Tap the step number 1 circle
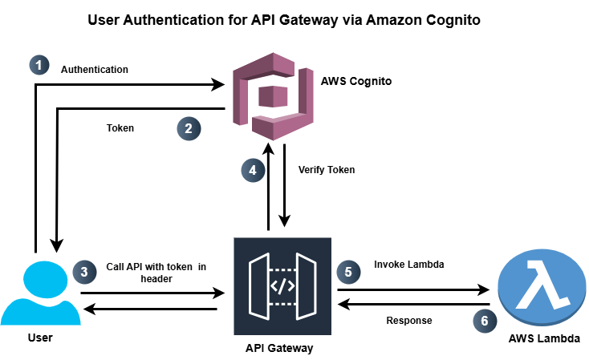click(39, 66)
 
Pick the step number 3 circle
click(84, 272)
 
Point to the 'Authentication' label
click(95, 70)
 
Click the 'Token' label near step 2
click(120, 127)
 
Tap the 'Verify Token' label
click(326, 170)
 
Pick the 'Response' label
click(408, 320)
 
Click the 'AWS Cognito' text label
click(356, 81)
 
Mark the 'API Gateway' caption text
click(279, 349)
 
